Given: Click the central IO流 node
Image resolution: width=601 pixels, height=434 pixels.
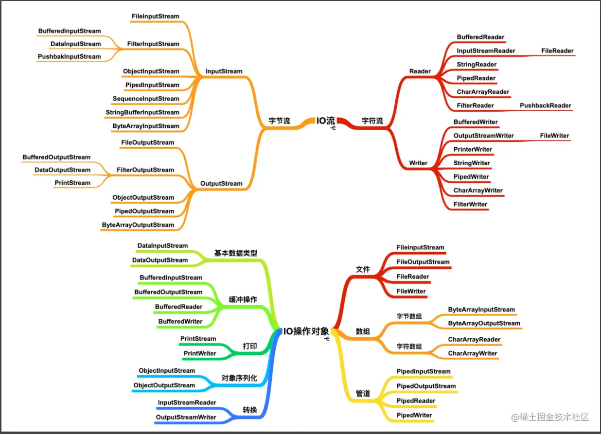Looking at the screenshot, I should tap(326, 121).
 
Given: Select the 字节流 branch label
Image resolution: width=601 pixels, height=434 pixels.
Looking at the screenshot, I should tap(280, 121).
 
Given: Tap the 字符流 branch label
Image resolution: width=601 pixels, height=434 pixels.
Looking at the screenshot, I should tap(372, 121).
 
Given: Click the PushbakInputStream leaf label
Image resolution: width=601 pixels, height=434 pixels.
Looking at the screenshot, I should tap(70, 57).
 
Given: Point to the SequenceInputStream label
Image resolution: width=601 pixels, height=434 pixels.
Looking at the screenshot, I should tap(146, 99).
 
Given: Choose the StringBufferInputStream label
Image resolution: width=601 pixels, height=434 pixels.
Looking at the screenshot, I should tap(142, 112).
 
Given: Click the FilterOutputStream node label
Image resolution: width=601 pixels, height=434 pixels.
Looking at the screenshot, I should tap(145, 170).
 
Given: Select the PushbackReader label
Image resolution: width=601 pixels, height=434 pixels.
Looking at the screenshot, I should tap(546, 105).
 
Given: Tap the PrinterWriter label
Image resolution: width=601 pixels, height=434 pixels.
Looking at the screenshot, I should tap(473, 149).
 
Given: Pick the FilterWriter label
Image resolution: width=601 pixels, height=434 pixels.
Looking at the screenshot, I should tap(470, 204).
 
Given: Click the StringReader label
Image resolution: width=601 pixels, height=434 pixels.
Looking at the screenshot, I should tap(477, 65).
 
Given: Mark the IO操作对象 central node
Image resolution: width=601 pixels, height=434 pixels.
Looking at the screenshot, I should tap(306, 332).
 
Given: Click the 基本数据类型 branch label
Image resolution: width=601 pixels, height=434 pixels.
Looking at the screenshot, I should tap(236, 253).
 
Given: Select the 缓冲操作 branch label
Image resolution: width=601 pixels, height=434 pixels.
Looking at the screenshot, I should tap(243, 300).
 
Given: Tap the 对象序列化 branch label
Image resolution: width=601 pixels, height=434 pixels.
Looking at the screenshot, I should tap(239, 378).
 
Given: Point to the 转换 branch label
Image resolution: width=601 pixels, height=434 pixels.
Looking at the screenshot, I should tap(250, 410).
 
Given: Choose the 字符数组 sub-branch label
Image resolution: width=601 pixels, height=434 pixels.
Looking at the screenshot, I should tap(409, 347).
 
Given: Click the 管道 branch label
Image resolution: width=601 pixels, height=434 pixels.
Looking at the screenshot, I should tap(363, 393).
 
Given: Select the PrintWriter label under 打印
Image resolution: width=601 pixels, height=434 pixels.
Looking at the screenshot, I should tap(200, 353).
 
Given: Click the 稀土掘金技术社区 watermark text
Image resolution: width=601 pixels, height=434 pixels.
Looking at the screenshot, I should tap(554, 417).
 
